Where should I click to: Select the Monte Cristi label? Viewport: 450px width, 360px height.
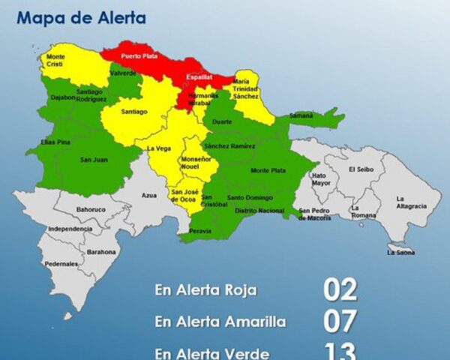click(56, 61)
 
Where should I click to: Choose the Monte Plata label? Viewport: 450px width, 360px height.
click(268, 171)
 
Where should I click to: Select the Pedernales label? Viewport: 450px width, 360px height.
click(61, 264)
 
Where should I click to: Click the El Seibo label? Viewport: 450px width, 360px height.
click(360, 169)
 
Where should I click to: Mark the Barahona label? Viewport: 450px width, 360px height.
click(101, 252)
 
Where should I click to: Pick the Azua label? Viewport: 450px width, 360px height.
click(149, 195)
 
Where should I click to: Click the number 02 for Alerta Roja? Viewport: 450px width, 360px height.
click(340, 289)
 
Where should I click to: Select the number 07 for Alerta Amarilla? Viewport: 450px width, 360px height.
click(340, 320)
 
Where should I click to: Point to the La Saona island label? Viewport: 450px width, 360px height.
click(401, 253)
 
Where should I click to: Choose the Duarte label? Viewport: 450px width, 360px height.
click(222, 121)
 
